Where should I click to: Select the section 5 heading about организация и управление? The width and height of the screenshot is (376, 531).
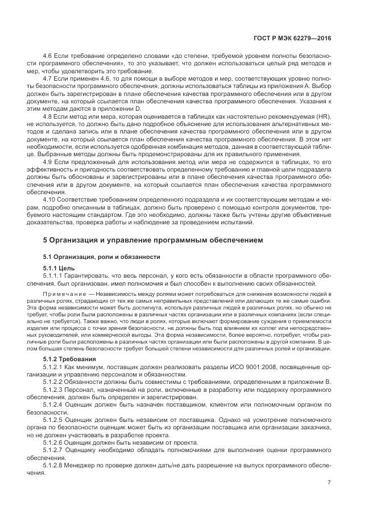pyautogui.click(x=153, y=240)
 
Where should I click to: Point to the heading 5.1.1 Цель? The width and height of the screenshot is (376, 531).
pyautogui.click(x=59, y=267)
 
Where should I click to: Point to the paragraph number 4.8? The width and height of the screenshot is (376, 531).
pyautogui.click(x=48, y=116)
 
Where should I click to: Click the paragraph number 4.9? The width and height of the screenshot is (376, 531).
pyautogui.click(x=48, y=161)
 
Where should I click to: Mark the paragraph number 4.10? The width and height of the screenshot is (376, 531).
pyautogui.click(x=49, y=199)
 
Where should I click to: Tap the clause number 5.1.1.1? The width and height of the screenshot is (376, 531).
pyautogui.click(x=55, y=275)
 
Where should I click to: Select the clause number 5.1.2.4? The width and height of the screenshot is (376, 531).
pyautogui.click(x=55, y=405)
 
